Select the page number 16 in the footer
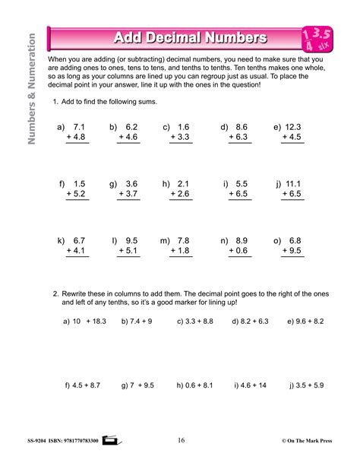181,439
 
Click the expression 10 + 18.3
89,322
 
